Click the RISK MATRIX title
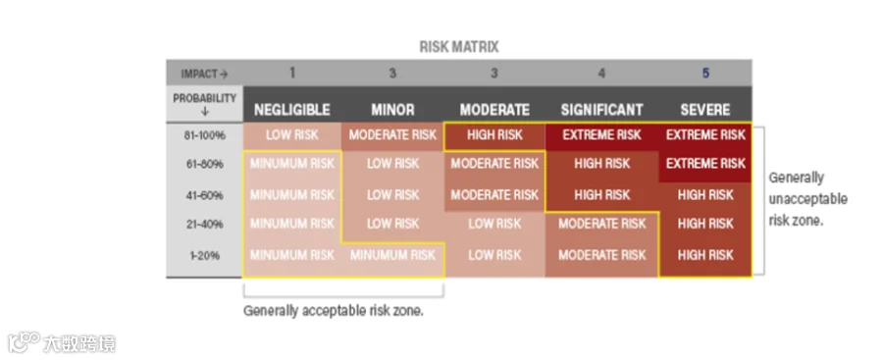459,47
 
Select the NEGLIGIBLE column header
291,109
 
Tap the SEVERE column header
705,109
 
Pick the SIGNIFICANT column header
601,109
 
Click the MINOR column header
392,109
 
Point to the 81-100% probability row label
205,135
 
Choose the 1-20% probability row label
205,256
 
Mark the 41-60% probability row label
205,195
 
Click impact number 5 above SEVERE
705,74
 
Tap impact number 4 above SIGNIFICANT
601,74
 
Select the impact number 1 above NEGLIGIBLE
291,73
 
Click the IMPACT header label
204,74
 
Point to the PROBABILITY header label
204,104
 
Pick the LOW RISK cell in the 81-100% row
291,135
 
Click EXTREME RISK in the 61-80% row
705,164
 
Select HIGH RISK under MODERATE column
494,135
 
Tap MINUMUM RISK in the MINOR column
392,255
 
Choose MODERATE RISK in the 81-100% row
392,135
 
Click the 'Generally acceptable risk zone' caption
334,310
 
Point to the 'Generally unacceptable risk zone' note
807,199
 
